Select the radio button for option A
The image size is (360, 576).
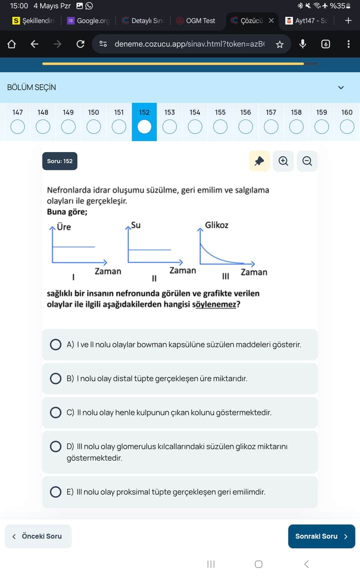click(x=56, y=344)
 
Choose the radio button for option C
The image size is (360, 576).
click(x=56, y=412)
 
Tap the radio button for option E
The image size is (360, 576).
click(x=56, y=492)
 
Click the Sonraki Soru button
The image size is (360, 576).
click(x=321, y=536)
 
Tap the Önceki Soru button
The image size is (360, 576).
click(x=38, y=536)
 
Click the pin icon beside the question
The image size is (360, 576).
click(x=259, y=161)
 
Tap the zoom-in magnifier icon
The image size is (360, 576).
click(x=283, y=161)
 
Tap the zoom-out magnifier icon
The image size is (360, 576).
click(x=307, y=161)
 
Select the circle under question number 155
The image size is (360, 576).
click(x=220, y=127)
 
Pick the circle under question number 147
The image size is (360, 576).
click(x=17, y=127)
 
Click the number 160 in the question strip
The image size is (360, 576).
click(x=346, y=112)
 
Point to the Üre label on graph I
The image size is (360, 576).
click(x=64, y=227)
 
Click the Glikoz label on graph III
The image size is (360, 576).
click(x=216, y=225)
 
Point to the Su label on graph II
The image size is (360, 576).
click(x=135, y=225)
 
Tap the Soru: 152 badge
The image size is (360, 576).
click(x=60, y=161)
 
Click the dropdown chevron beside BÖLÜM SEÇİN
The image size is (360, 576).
click(x=341, y=87)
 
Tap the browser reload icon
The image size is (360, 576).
click(x=80, y=44)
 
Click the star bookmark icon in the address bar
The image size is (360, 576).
click(x=279, y=44)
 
